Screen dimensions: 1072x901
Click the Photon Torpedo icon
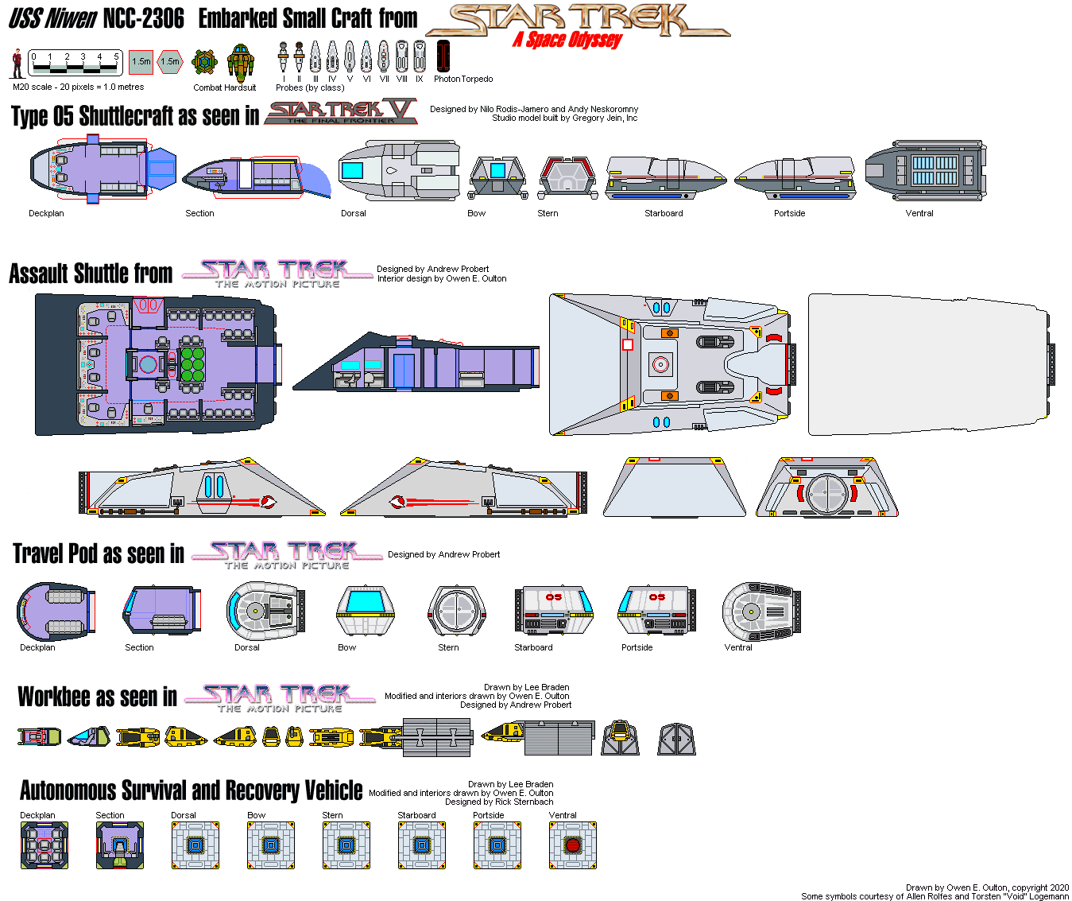click(443, 56)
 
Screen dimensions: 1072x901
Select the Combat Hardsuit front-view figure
click(240, 63)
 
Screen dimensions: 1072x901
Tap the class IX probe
click(419, 56)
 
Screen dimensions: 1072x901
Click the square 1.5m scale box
click(141, 62)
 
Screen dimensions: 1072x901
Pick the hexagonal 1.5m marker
click(170, 62)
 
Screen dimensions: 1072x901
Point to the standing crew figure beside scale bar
click(17, 63)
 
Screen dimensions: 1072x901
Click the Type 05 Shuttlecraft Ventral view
click(925, 170)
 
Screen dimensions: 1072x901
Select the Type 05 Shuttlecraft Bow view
click(497, 177)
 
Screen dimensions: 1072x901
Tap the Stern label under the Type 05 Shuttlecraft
click(548, 213)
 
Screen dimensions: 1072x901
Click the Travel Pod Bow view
click(365, 610)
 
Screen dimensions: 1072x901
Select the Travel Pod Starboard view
click(554, 610)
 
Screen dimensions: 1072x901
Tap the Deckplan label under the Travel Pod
click(37, 647)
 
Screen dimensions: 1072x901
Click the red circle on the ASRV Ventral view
click(572, 845)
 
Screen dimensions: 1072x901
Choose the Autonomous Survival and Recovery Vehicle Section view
click(120, 845)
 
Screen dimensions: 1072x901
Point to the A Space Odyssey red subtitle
click(567, 40)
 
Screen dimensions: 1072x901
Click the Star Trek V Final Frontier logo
click(340, 112)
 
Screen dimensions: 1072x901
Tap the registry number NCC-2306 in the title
click(143, 18)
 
